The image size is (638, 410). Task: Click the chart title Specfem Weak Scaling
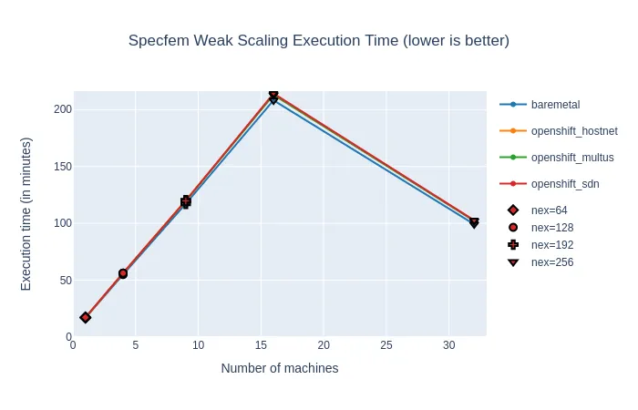click(x=318, y=41)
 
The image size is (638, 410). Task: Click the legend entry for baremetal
click(x=555, y=105)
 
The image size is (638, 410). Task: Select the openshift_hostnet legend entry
click(x=574, y=131)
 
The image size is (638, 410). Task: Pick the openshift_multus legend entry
click(x=572, y=158)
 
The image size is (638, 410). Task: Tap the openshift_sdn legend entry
click(x=566, y=184)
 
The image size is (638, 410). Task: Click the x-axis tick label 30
click(x=448, y=346)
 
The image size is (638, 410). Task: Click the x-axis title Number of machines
click(x=280, y=368)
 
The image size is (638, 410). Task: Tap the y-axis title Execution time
click(x=26, y=214)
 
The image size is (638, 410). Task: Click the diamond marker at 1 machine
click(x=86, y=317)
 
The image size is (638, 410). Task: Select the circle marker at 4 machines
click(x=123, y=273)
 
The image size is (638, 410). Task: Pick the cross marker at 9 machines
click(x=186, y=201)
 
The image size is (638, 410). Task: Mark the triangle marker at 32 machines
click(x=474, y=222)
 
